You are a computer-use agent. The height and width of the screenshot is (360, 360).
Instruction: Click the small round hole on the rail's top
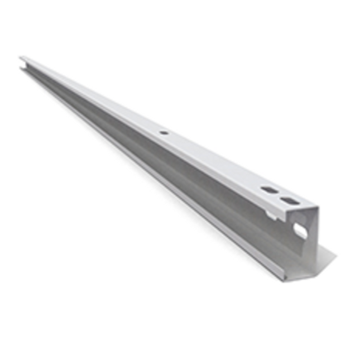pyautogui.click(x=163, y=133)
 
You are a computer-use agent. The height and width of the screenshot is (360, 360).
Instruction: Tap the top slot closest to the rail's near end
pyautogui.click(x=290, y=200)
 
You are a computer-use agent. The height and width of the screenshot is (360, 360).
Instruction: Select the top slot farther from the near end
pyautogui.click(x=269, y=190)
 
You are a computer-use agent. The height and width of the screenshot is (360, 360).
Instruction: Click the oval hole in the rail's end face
pyautogui.click(x=300, y=229)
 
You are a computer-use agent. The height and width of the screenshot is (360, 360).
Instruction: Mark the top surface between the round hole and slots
pyautogui.click(x=218, y=162)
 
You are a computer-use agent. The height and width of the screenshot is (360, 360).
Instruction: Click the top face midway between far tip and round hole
pyautogui.click(x=92, y=95)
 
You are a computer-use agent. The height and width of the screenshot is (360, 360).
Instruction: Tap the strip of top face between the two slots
pyautogui.click(x=280, y=195)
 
